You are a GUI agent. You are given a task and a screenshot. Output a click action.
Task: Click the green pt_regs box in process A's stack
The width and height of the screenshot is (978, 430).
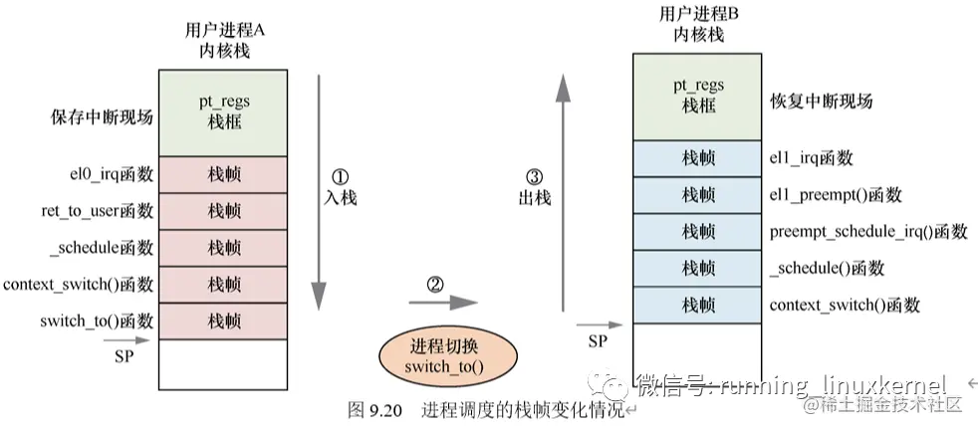[223, 112]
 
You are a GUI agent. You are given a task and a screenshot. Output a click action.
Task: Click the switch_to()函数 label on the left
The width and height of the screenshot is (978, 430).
[97, 321]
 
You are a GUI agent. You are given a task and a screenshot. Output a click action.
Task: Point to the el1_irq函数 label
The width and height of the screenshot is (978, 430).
[812, 158]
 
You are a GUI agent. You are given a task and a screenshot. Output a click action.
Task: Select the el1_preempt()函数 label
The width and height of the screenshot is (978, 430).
[836, 195]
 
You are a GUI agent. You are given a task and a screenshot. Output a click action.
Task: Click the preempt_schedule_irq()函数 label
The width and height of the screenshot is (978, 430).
[868, 231]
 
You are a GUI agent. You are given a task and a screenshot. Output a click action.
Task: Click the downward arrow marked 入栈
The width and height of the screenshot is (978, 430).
[317, 189]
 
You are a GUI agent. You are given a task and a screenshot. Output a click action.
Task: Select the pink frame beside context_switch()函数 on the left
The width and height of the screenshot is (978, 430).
[223, 285]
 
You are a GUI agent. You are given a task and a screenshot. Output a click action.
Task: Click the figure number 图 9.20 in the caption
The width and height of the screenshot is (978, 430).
[376, 410]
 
